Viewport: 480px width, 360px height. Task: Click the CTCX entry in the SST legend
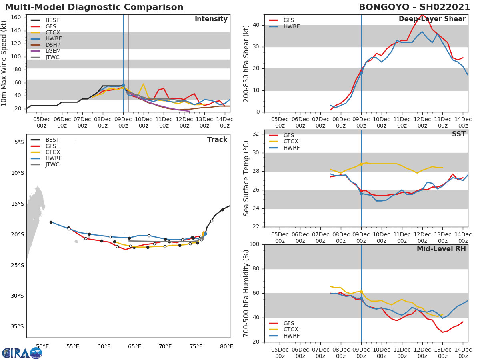click(290, 142)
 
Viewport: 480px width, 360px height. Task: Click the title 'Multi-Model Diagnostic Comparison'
click(94, 7)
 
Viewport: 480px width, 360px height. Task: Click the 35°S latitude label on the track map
click(17, 327)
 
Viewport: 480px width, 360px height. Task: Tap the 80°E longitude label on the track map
click(227, 346)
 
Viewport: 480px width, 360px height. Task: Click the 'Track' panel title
click(217, 140)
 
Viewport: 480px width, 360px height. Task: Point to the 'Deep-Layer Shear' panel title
click(432, 19)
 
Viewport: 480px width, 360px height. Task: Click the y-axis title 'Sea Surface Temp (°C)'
click(246, 178)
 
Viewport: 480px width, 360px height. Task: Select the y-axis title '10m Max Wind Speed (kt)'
click(4, 64)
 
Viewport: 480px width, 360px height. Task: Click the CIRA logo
click(21, 353)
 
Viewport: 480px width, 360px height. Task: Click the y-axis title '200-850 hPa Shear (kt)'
click(246, 63)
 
